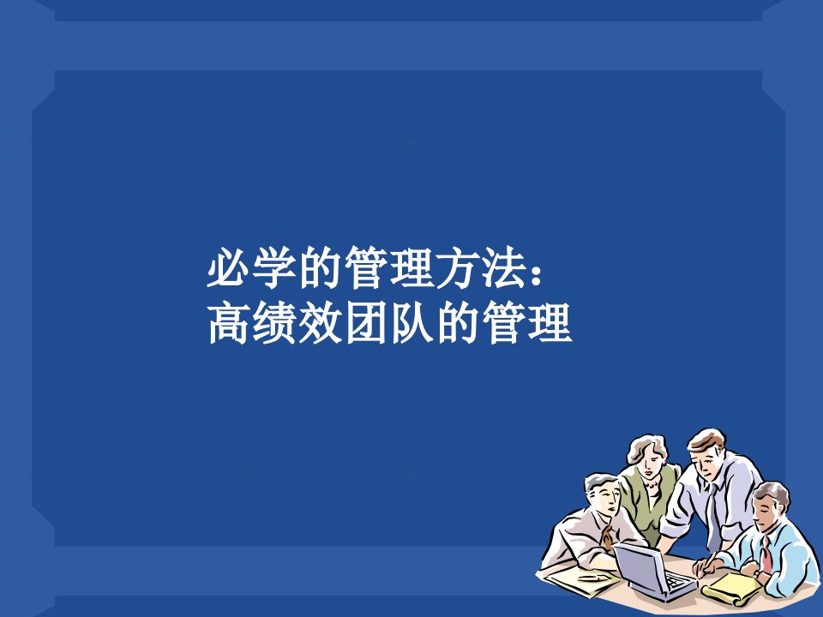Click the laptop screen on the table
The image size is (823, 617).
tap(637, 566)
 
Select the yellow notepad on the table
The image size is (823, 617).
tap(730, 588)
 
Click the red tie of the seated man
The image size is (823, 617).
tap(766, 555)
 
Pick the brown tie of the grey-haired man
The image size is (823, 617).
tap(607, 537)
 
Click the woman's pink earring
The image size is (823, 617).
tap(664, 464)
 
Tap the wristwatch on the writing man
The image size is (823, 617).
tap(756, 574)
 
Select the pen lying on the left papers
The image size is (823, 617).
tap(593, 577)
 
